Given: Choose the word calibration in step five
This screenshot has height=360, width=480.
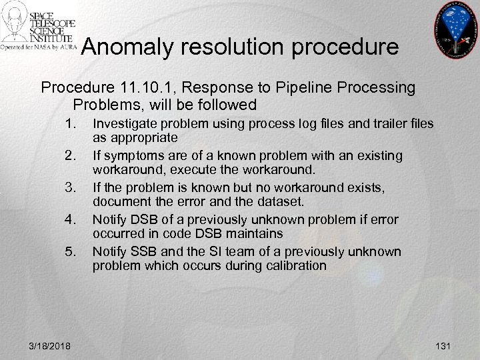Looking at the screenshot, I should point(295,265).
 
